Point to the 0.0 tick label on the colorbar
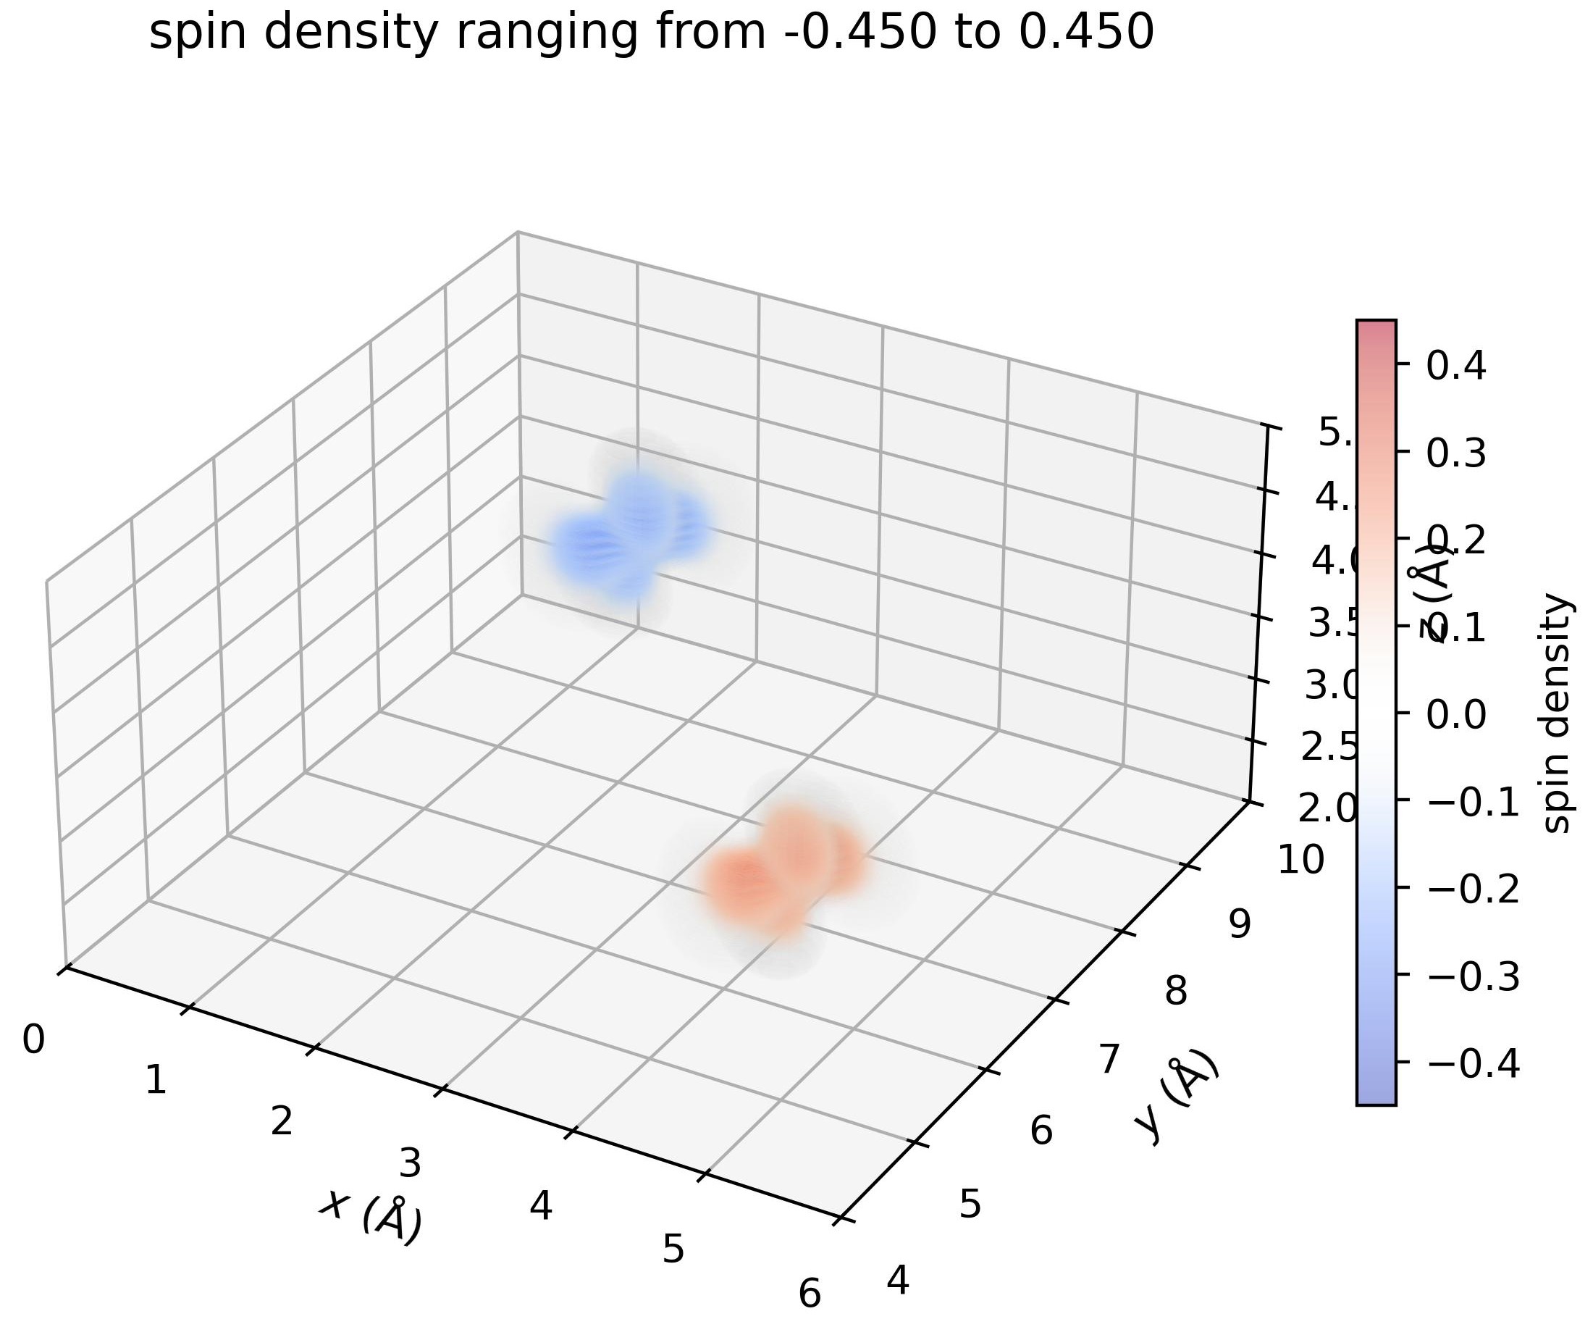coord(1455,714)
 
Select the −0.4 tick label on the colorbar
coord(1473,1063)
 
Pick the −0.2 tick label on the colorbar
coord(1473,889)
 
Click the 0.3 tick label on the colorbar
coord(1455,453)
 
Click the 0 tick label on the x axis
coord(33,1040)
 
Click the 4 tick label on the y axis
coord(898,1281)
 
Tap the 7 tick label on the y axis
coord(1109,1060)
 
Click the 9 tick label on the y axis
coord(1240,924)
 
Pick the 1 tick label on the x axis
coord(156,1080)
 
